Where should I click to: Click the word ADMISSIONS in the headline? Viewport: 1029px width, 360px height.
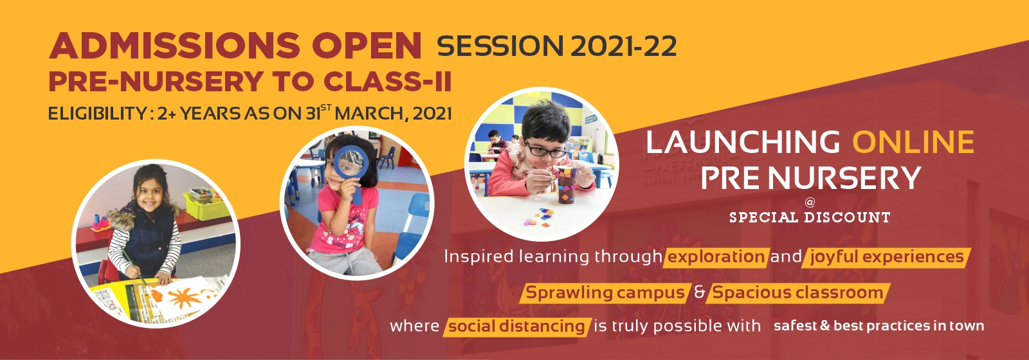[174, 46]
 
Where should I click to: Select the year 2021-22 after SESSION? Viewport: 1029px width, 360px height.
[623, 46]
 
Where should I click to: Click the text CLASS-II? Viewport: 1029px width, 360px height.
[387, 82]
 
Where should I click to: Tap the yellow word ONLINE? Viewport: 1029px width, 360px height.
[914, 141]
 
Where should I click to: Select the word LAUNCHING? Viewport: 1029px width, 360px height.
[743, 141]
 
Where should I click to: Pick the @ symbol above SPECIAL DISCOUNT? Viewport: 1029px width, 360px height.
[810, 202]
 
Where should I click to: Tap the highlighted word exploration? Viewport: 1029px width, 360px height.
[716, 256]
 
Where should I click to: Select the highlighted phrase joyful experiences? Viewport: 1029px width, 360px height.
[887, 257]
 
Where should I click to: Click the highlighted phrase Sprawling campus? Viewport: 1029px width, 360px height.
[605, 293]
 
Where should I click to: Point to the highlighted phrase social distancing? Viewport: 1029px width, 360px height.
[516, 327]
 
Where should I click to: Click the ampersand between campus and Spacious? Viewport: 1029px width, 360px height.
[699, 292]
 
